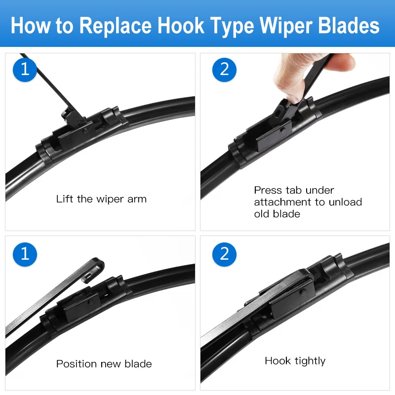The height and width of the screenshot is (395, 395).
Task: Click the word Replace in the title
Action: pos(115,25)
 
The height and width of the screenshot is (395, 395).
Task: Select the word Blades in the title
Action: pos(348,25)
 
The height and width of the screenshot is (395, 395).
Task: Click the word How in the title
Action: pos(31,25)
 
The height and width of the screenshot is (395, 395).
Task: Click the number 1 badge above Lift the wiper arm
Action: pos(25,69)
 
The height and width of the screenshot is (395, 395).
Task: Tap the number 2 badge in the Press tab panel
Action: pos(225,69)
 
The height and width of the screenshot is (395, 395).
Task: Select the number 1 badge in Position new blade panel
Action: pos(25,254)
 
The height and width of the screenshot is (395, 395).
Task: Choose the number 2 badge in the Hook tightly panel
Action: pos(225,254)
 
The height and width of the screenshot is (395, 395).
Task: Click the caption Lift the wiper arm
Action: pos(101,199)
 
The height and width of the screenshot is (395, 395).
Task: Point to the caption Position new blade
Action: pos(104,364)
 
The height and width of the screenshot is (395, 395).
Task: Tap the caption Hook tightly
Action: pos(295,361)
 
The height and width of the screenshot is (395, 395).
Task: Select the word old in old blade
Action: pos(262,214)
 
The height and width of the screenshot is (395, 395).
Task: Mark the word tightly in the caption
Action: pos(310,361)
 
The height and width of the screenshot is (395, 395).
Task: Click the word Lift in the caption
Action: pos(65,199)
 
